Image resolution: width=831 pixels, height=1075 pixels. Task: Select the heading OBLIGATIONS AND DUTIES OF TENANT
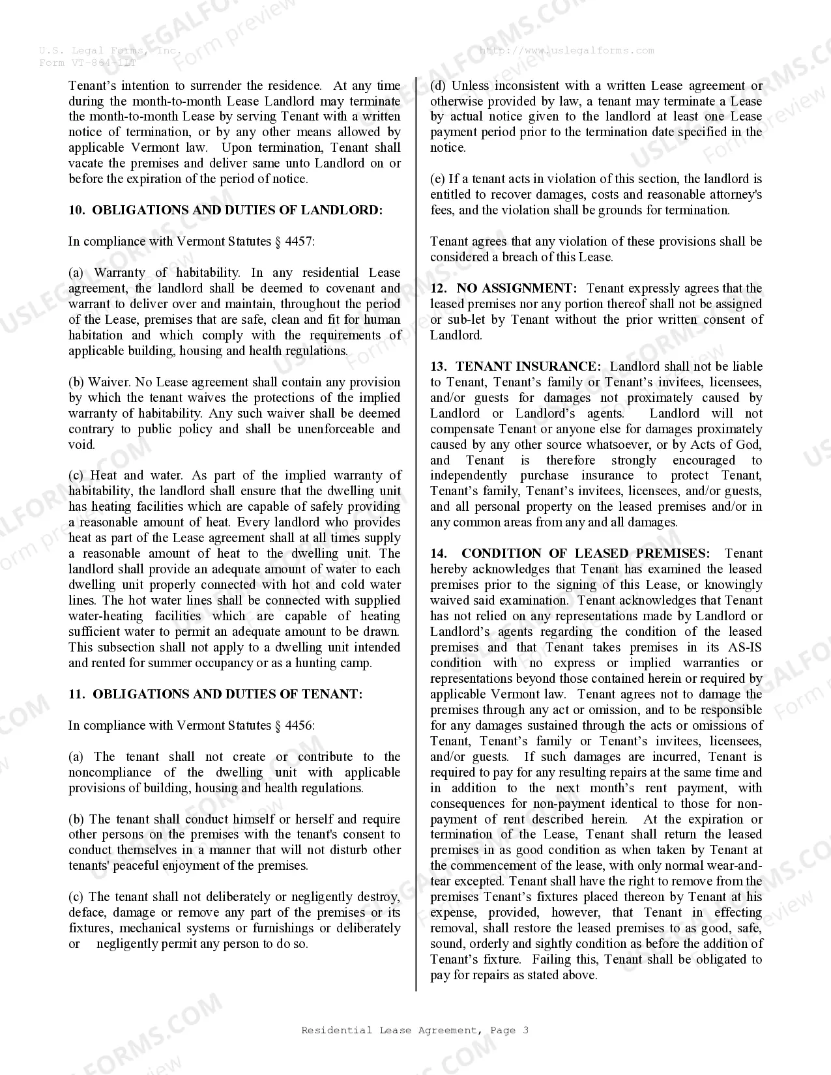[227, 694]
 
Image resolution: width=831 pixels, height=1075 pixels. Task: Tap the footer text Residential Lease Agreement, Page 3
[415, 1030]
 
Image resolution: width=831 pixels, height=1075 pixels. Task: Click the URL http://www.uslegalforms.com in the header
[566, 50]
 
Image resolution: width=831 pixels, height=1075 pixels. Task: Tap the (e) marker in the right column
[437, 179]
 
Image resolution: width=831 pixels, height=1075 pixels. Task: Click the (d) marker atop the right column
[438, 85]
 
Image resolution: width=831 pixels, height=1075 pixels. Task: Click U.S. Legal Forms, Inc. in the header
[109, 50]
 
